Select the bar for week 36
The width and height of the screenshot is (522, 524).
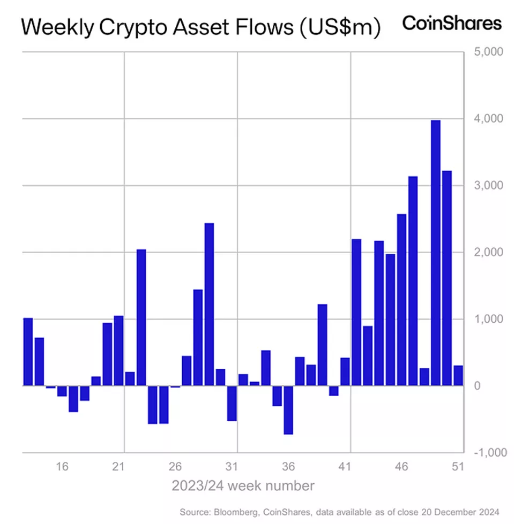[x=288, y=409]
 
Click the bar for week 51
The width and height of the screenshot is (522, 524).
[x=458, y=375]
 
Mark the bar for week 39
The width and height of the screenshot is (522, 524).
[x=322, y=345]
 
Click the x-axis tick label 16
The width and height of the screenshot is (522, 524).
[x=62, y=467]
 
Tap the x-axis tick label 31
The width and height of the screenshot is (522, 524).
[x=232, y=467]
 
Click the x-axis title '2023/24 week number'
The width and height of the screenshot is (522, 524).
[x=243, y=486]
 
